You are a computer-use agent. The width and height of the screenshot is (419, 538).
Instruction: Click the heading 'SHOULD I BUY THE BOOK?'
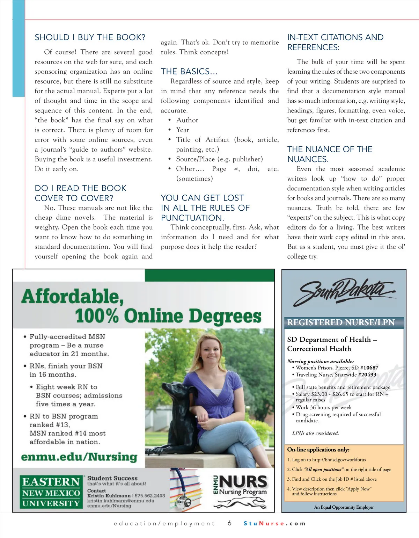click(x=90, y=37)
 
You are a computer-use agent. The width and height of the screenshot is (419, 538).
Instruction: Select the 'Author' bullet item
click(x=187, y=120)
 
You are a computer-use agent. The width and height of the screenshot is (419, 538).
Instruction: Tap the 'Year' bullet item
click(x=183, y=130)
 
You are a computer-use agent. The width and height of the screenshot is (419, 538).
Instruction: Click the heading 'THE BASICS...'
click(x=189, y=72)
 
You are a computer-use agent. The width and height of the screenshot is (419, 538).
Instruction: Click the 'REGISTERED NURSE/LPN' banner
click(x=341, y=322)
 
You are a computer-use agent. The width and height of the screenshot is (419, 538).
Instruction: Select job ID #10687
click(x=369, y=368)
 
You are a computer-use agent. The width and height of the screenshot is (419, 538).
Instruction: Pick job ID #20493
click(x=367, y=375)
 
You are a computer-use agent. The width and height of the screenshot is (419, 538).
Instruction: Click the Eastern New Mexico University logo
click(x=51, y=493)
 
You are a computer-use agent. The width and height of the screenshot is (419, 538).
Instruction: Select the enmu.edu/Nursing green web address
click(x=79, y=457)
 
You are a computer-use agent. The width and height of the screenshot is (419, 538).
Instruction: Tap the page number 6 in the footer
click(x=229, y=523)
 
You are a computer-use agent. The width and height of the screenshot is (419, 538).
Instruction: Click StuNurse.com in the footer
click(x=274, y=524)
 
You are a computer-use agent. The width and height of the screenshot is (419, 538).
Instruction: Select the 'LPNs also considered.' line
click(x=315, y=433)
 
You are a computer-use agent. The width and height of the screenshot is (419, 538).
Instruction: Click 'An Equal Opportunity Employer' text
click(x=344, y=507)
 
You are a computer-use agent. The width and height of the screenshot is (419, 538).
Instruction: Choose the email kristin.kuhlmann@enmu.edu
click(x=120, y=501)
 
